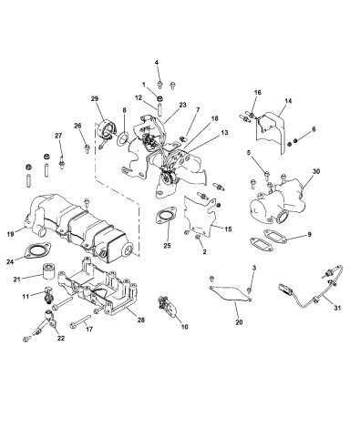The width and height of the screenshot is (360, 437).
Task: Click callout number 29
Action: (x=95, y=98)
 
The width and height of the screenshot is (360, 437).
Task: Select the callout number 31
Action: (x=336, y=308)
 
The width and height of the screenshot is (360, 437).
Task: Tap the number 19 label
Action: (x=10, y=234)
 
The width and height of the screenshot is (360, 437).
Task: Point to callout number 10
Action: (x=184, y=327)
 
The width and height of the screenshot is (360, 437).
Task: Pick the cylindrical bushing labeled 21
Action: (x=48, y=270)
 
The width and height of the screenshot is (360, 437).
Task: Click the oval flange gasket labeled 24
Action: (x=37, y=250)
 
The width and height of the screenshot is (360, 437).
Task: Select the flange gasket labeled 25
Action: (x=166, y=216)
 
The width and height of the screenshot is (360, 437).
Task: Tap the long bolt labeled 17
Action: (x=80, y=321)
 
